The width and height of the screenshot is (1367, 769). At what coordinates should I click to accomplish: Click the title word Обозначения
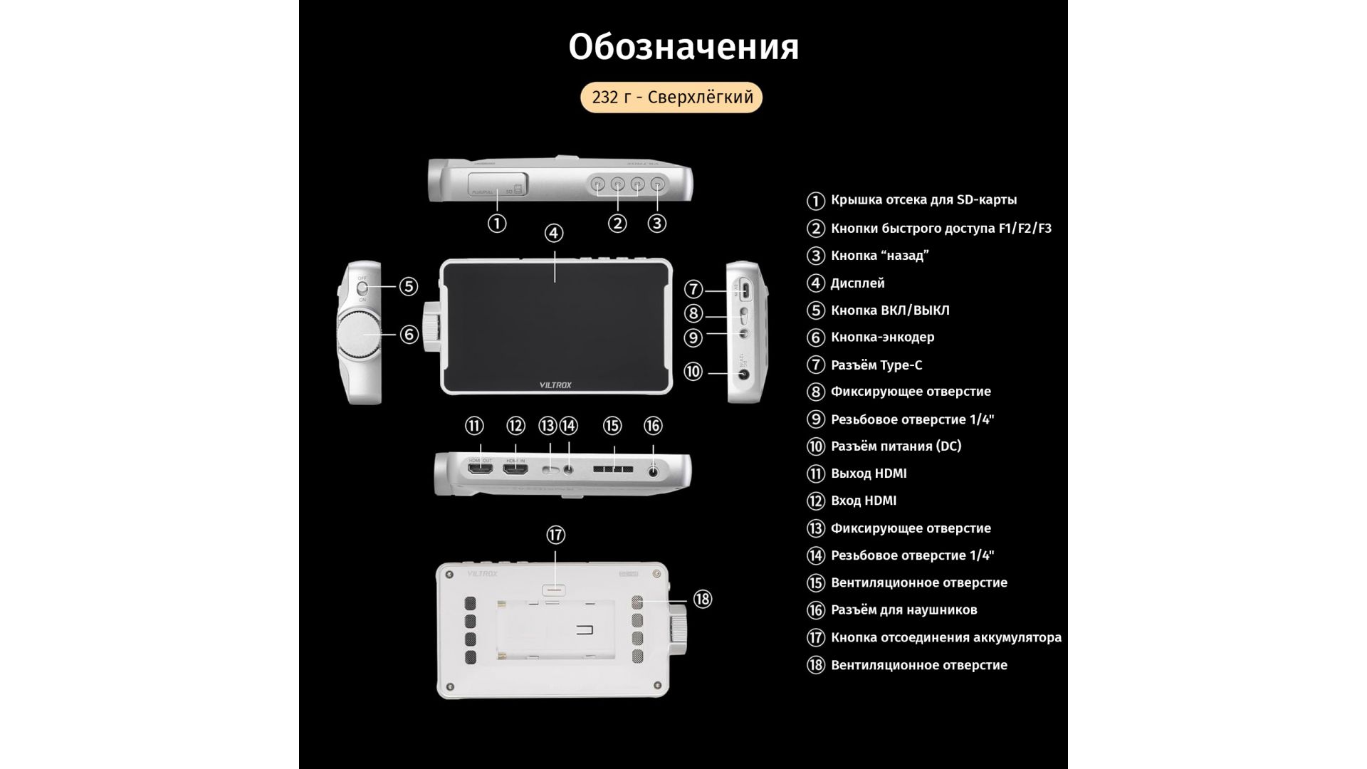(683, 47)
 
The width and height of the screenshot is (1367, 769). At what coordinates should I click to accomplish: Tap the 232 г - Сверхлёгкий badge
(671, 98)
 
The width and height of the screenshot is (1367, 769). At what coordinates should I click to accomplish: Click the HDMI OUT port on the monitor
(480, 471)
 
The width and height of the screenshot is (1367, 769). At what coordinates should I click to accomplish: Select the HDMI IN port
(514, 471)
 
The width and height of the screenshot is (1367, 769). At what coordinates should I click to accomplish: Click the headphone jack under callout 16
(653, 470)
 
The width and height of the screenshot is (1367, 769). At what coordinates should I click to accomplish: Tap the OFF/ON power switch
(362, 288)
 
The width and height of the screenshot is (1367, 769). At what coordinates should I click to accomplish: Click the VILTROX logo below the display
(555, 385)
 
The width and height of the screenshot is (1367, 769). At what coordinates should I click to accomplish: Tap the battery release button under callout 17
(555, 590)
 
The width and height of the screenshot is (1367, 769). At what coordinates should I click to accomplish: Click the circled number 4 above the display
(554, 233)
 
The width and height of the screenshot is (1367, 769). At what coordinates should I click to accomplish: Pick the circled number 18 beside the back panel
(703, 600)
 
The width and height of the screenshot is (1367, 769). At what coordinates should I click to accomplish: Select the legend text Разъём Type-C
(876, 365)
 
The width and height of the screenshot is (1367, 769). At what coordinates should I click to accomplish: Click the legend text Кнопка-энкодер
(883, 338)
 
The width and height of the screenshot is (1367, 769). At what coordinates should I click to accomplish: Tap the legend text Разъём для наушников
(904, 610)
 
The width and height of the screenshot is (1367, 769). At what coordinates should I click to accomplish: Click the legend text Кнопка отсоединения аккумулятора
(946, 638)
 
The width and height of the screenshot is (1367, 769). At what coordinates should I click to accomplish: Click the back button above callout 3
(657, 185)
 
